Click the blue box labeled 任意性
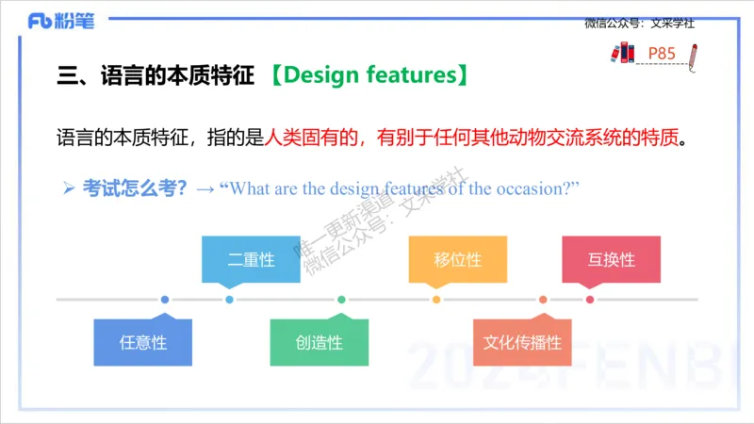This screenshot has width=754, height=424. click(x=143, y=342)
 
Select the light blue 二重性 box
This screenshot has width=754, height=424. click(x=251, y=259)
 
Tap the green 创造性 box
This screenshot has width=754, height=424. click(x=319, y=342)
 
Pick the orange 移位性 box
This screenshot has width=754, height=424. click(x=458, y=259)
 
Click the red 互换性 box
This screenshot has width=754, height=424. click(x=611, y=259)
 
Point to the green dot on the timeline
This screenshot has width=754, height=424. click(x=341, y=300)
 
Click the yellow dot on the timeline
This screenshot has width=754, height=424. click(x=436, y=300)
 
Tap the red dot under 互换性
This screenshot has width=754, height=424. click(x=590, y=300)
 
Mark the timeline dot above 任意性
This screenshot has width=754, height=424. click(x=165, y=300)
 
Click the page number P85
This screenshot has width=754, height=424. click(x=662, y=54)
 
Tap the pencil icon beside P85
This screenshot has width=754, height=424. click(x=693, y=55)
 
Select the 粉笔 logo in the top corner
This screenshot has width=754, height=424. click(x=61, y=21)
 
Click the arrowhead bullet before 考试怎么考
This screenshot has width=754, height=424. click(x=68, y=188)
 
